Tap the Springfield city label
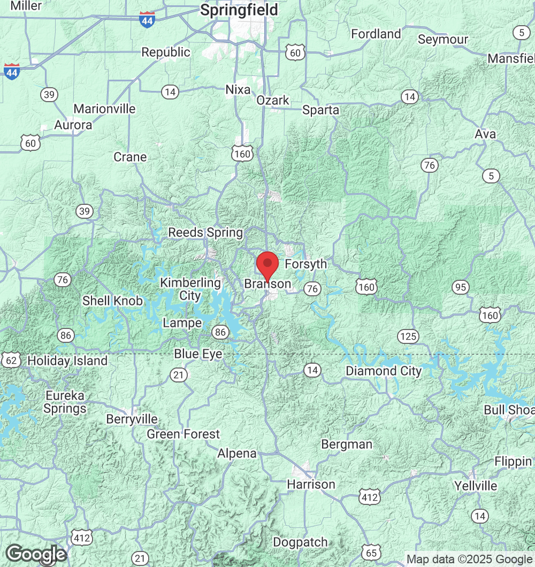tap(239, 10)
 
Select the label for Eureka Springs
tap(65, 402)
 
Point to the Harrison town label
tap(311, 484)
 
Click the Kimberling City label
tap(190, 289)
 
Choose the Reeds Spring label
tap(205, 233)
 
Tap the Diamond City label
tap(384, 371)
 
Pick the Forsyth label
tap(305, 264)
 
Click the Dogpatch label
tap(300, 542)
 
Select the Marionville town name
tap(104, 109)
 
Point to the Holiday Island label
tap(67, 361)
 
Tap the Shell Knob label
tap(112, 301)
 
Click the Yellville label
tap(476, 486)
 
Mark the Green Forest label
tap(183, 434)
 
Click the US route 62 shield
tap(10, 359)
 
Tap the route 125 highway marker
tap(408, 336)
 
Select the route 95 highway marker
tap(461, 287)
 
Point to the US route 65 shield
tap(371, 551)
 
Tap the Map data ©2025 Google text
tap(469, 560)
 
